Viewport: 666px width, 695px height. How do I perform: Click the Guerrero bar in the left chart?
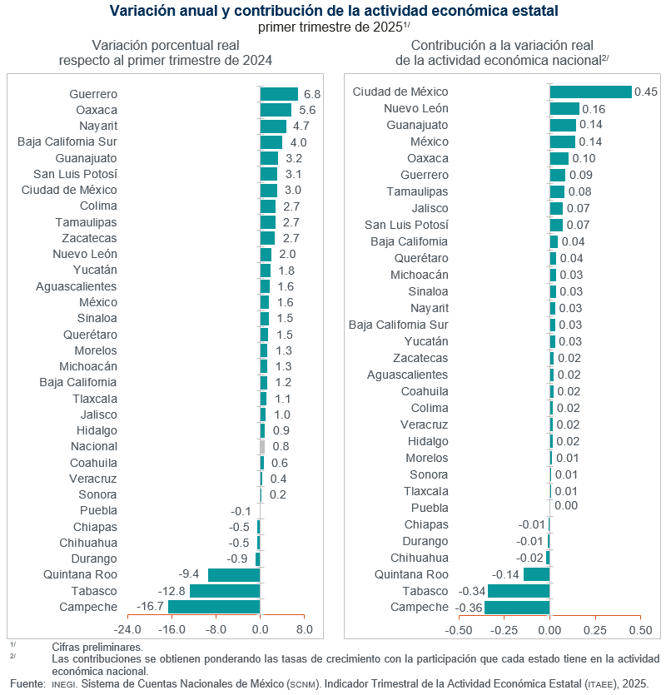coord(279,94)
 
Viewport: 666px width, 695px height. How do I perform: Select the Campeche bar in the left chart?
coord(214,607)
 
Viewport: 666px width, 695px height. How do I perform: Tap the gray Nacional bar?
coord(262,446)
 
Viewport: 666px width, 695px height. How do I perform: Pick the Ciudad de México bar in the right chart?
coord(590,92)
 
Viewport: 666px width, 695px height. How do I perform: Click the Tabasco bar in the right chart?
coord(519,590)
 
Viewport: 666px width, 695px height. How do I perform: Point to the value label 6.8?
coord(312,94)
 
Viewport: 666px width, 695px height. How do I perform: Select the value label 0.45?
coord(646,92)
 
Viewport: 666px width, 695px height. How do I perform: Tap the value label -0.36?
coord(470,608)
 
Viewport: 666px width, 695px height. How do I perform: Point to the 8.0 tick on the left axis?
coord(304,630)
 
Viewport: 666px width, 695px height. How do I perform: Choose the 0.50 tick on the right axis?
coord(640,630)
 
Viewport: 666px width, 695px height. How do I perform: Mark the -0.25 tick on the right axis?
coord(504,630)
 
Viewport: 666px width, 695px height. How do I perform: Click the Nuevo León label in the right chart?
coord(415,108)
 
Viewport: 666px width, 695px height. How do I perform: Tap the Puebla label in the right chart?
coord(430,508)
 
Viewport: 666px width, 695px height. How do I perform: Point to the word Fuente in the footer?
coord(27,683)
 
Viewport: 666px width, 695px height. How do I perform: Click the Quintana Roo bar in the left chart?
coord(234,574)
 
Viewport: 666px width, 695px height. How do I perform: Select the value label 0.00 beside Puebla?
coord(565,505)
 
